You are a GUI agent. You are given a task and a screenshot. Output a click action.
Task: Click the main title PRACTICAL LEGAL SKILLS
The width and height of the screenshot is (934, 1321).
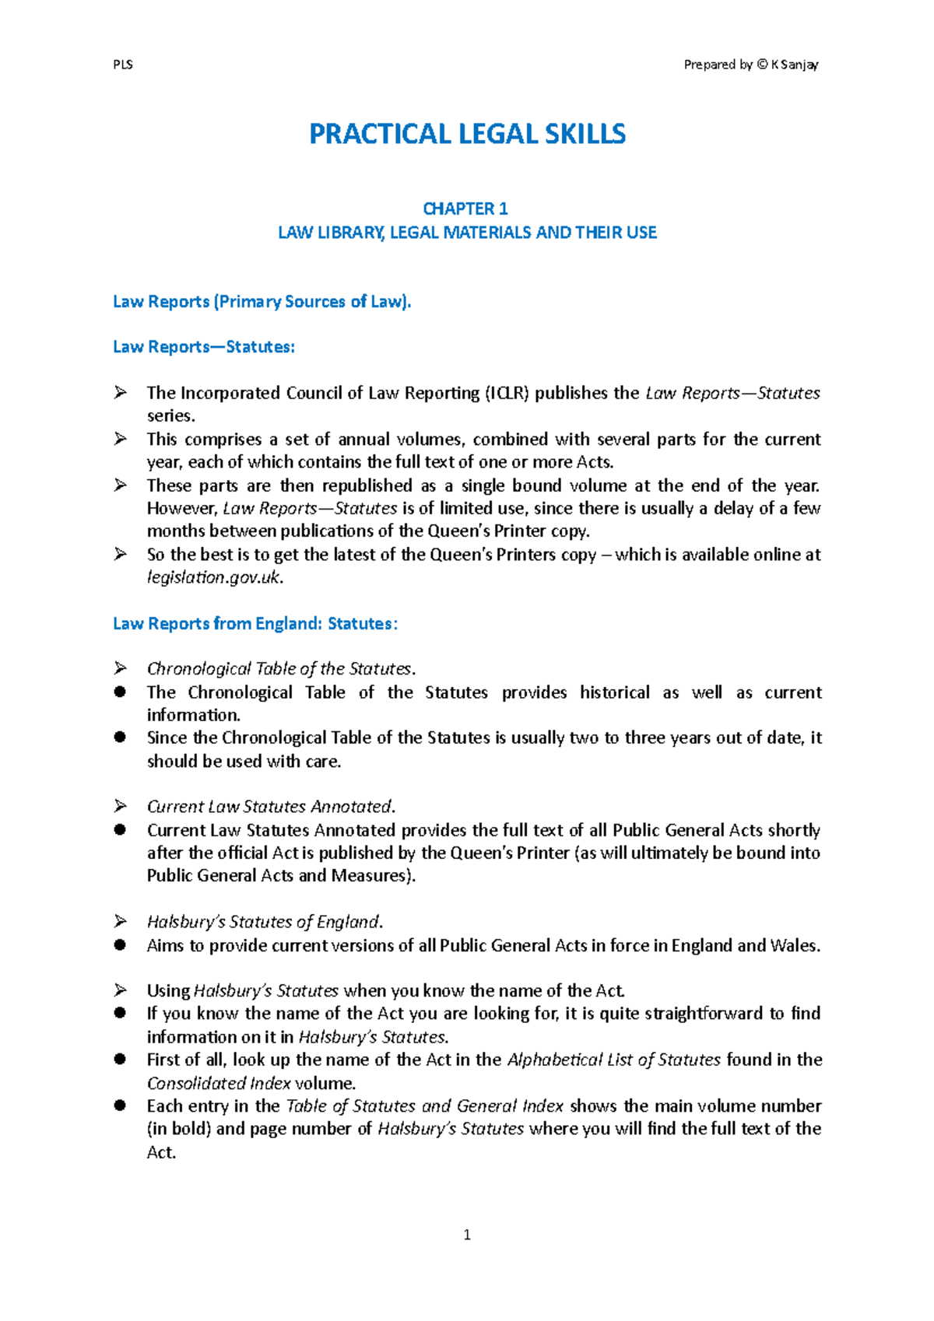(x=467, y=134)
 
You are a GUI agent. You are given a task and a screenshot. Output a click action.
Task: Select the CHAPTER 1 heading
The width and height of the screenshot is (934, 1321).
(x=465, y=208)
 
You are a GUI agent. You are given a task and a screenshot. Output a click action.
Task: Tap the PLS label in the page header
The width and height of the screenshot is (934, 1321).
(x=123, y=65)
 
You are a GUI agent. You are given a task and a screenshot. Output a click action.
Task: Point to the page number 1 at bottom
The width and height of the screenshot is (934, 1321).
(x=467, y=1235)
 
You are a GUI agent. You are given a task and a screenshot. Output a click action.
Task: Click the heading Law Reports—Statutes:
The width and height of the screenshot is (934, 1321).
(x=204, y=347)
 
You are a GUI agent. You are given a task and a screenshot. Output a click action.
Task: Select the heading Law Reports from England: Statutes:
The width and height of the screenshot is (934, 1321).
(x=255, y=624)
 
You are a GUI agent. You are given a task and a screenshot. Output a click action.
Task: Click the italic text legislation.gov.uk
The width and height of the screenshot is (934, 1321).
(x=215, y=577)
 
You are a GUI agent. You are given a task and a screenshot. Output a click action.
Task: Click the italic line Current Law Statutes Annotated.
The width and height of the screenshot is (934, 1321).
(x=271, y=807)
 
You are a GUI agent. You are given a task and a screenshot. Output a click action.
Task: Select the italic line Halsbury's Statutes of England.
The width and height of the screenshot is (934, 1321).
(x=265, y=922)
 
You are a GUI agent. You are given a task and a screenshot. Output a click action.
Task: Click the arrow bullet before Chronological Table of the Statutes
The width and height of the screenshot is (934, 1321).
(x=121, y=668)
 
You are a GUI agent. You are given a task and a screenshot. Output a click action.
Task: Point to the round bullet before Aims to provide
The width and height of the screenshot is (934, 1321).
(x=120, y=945)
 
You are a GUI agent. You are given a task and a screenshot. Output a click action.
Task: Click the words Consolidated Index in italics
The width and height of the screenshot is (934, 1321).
(x=219, y=1083)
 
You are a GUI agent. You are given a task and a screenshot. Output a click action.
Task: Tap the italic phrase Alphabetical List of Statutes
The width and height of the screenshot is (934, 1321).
(x=614, y=1060)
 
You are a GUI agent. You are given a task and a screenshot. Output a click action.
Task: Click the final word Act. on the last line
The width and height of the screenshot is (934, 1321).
(x=161, y=1152)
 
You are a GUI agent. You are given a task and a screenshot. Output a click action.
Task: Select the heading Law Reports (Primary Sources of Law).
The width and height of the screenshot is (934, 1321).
(x=262, y=302)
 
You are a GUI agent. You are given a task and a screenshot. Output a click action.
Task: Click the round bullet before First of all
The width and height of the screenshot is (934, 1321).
(x=120, y=1060)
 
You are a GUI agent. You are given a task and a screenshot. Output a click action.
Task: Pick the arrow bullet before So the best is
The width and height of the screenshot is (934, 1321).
(x=121, y=554)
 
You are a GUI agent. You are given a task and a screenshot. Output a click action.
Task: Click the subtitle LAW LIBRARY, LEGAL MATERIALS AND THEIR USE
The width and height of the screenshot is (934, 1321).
(x=467, y=233)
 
